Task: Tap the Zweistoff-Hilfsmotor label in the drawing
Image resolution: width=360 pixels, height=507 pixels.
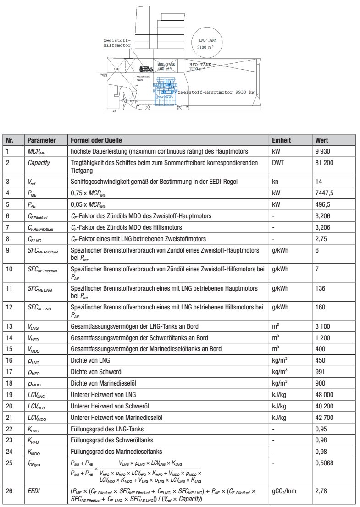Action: pyautogui.click(x=117, y=43)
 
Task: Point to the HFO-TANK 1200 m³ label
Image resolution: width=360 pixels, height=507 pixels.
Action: pyautogui.click(x=201, y=67)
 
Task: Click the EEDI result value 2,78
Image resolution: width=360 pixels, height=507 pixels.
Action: pyautogui.click(x=320, y=491)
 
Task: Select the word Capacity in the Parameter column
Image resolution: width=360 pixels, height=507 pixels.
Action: pyautogui.click(x=39, y=163)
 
